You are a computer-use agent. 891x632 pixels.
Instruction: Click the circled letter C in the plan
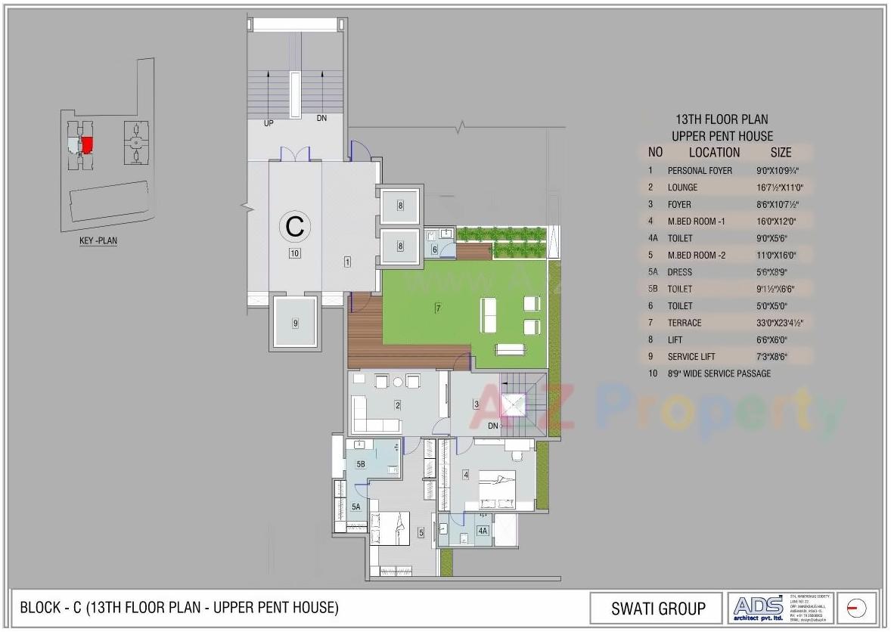[295, 225]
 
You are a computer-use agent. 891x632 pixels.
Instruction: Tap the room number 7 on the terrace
[437, 308]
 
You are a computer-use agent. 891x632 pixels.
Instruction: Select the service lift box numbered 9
[296, 323]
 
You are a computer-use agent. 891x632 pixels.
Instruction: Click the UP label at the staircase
[269, 123]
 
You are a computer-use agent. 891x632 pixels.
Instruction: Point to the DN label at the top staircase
[321, 119]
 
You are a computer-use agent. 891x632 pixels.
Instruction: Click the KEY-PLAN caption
[98, 241]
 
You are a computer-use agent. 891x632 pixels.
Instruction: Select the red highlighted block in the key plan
[87, 144]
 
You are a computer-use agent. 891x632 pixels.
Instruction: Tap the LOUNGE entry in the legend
[682, 187]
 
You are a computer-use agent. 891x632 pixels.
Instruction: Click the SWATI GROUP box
[658, 609]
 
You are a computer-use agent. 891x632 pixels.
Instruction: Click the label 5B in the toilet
[361, 464]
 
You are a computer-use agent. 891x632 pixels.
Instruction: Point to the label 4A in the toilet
[483, 531]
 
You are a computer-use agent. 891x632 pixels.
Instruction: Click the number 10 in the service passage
[295, 254]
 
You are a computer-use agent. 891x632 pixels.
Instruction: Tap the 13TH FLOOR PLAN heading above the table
[721, 119]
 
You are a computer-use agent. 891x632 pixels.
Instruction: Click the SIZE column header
[781, 153]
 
